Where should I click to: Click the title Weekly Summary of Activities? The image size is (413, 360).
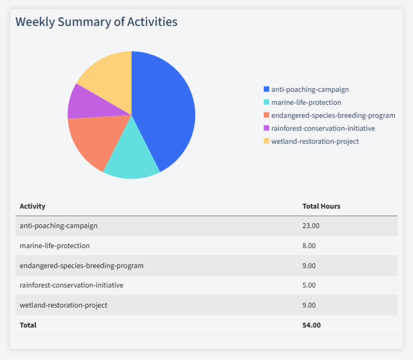[x=96, y=22]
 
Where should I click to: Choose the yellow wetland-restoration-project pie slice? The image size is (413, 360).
[x=108, y=76]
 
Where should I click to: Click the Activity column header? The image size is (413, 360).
[x=32, y=206]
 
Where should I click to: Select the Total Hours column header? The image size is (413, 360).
[x=321, y=206]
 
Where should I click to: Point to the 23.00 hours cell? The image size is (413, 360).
[x=311, y=225]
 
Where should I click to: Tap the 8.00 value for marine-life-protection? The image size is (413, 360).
[x=309, y=245]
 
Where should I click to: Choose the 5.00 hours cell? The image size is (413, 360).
[x=309, y=285]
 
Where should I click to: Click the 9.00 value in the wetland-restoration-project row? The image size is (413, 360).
[x=309, y=305]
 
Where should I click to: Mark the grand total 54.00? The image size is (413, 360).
[x=311, y=325]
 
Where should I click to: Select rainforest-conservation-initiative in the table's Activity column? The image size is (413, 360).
[x=71, y=285]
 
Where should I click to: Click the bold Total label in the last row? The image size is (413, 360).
[x=28, y=325]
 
